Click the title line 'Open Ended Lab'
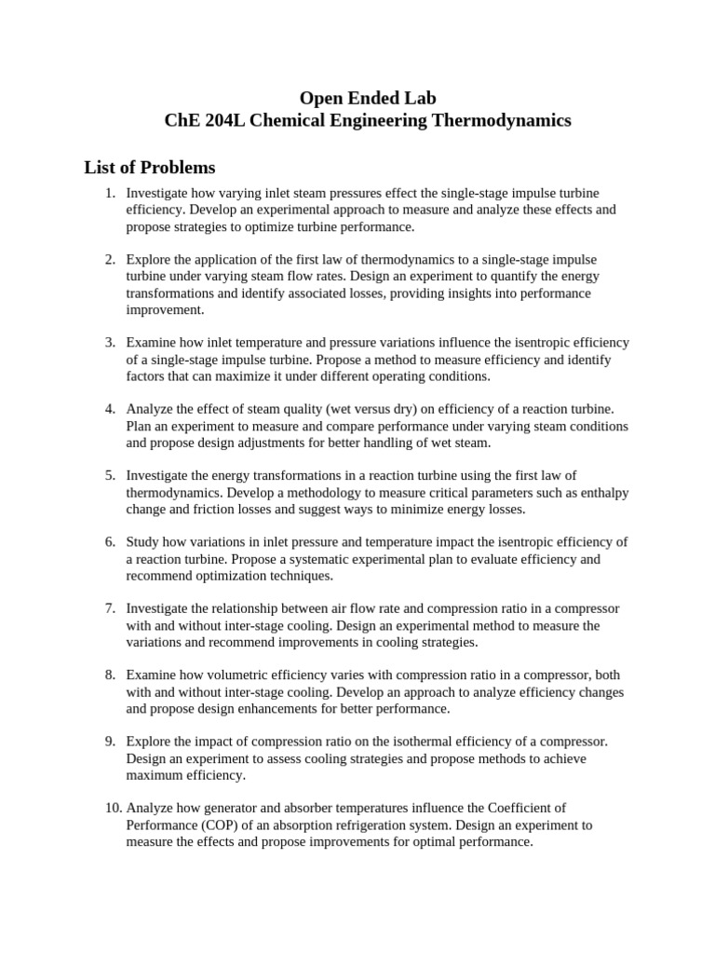[367, 98]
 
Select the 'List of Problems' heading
[149, 168]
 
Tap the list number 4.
[110, 409]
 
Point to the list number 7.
[110, 608]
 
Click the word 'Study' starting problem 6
[142, 542]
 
